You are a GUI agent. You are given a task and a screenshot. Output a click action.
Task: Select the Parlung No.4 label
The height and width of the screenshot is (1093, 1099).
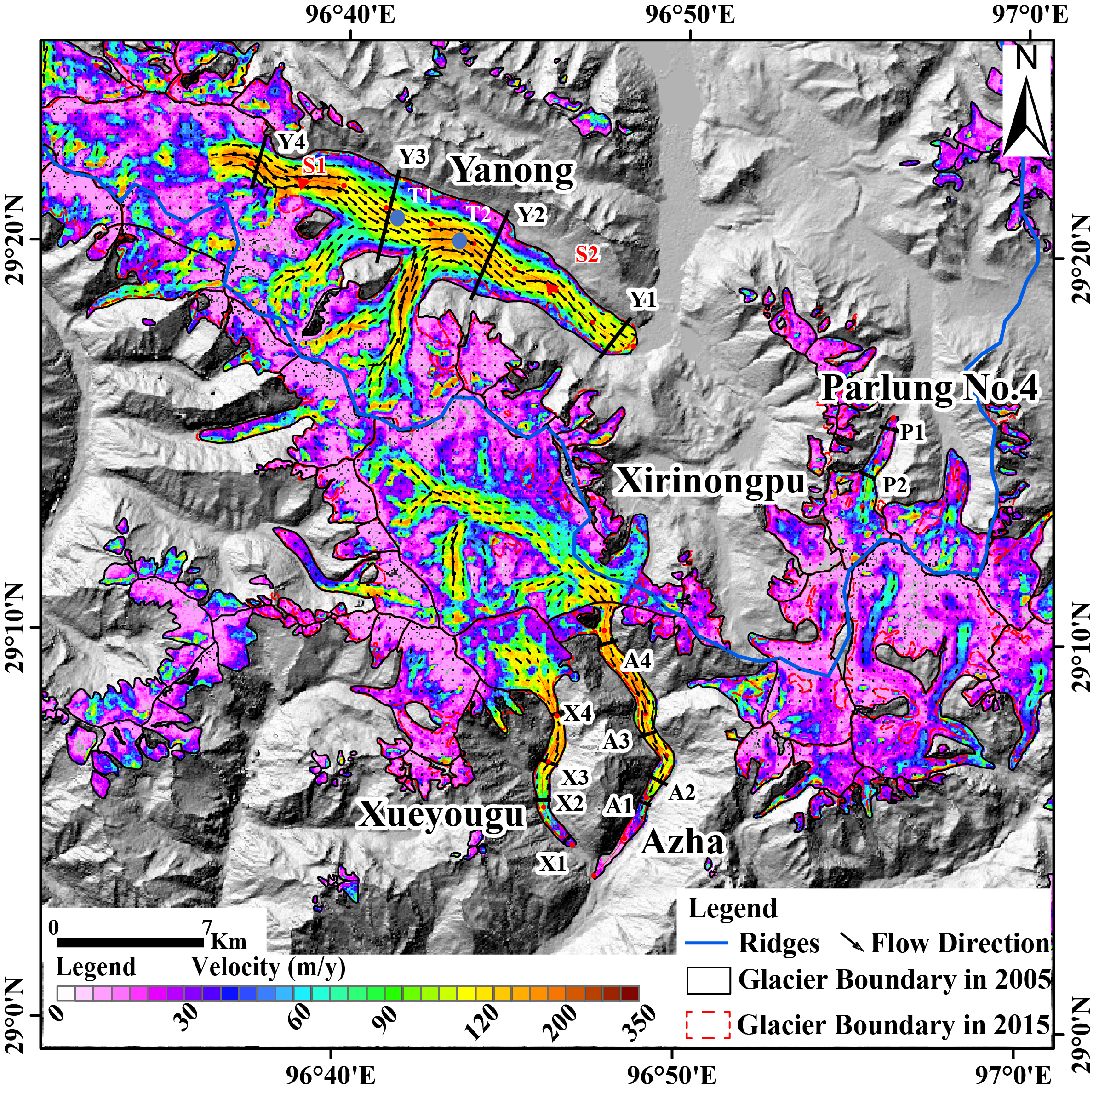click(x=929, y=389)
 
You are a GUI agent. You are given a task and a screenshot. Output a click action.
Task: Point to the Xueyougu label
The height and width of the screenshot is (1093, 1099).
click(x=441, y=815)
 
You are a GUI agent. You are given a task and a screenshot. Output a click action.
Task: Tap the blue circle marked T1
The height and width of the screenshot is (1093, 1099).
click(x=398, y=218)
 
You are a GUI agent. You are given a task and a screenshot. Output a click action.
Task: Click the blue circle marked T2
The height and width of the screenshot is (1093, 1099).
click(x=460, y=241)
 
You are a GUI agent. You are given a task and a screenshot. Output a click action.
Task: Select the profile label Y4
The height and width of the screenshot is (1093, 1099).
click(x=292, y=142)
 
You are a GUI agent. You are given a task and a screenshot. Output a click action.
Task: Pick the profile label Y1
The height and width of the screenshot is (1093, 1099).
click(x=643, y=299)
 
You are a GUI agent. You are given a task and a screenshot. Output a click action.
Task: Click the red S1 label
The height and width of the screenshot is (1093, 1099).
click(x=314, y=166)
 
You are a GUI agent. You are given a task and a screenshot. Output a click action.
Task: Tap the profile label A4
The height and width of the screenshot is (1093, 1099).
click(x=637, y=662)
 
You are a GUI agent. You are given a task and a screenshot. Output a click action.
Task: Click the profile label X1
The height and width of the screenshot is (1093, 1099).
click(x=553, y=864)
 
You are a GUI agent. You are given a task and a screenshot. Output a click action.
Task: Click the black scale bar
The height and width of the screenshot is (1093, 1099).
click(x=130, y=942)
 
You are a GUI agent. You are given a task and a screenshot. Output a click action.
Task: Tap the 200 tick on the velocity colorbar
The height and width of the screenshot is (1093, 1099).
click(x=564, y=1021)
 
